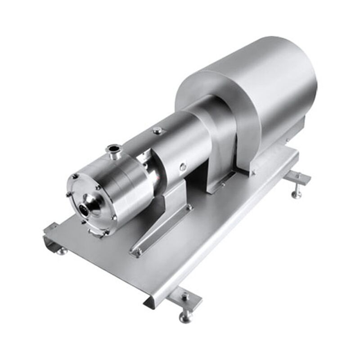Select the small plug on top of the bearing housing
click(157, 130)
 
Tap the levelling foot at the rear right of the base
click(297, 193)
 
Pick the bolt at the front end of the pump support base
click(136, 253)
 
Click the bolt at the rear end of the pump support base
click(189, 207)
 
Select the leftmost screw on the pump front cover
click(68, 194)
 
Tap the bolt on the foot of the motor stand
click(222, 184)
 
